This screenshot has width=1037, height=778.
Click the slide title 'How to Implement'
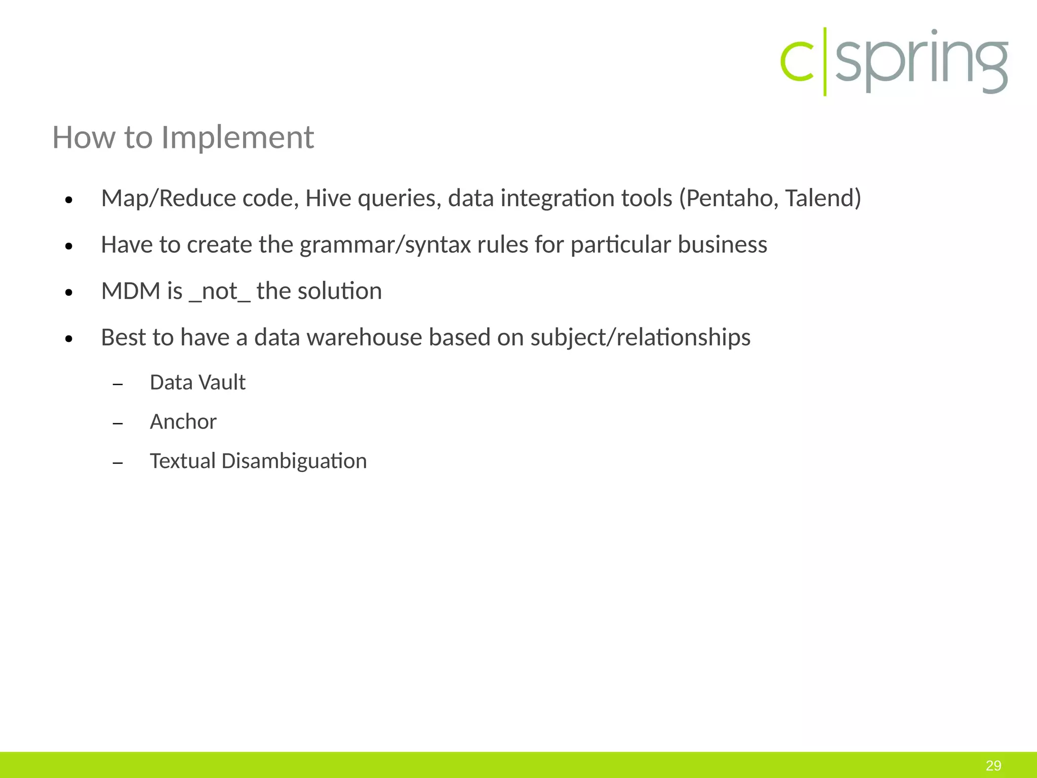pyautogui.click(x=183, y=137)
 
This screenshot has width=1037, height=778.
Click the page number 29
pyautogui.click(x=993, y=765)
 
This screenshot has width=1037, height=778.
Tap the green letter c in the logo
pyautogui.click(x=797, y=62)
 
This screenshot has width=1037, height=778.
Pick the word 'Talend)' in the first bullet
pyautogui.click(x=823, y=198)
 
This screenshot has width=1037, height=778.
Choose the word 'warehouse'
pyautogui.click(x=364, y=337)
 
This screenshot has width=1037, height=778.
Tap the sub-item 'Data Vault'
pyautogui.click(x=197, y=382)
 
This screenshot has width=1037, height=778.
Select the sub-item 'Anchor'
pyautogui.click(x=183, y=422)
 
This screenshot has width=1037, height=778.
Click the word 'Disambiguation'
pyautogui.click(x=294, y=461)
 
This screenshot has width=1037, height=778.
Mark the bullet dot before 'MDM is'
pyautogui.click(x=69, y=293)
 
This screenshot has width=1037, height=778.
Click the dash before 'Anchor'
pyautogui.click(x=118, y=423)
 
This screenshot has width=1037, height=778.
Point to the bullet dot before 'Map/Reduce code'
pyautogui.click(x=69, y=200)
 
